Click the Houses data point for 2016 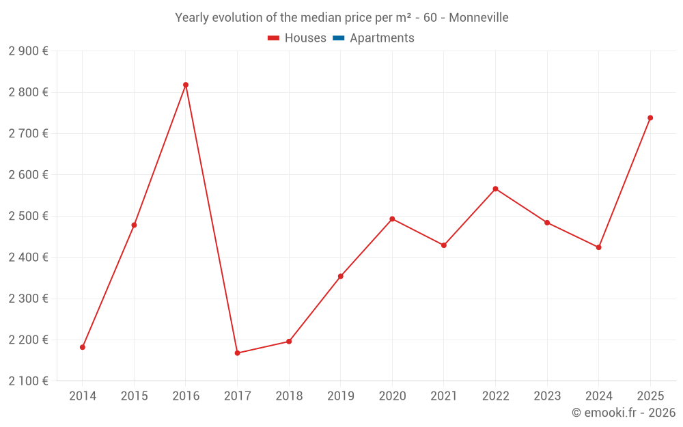point(186,85)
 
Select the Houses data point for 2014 point(83,347)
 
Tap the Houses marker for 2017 point(237,353)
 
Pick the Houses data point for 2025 point(650,118)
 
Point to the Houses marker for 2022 point(495,189)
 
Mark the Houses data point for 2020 point(392,219)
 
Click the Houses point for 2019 point(340,276)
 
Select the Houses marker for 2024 point(598,247)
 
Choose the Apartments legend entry point(381,38)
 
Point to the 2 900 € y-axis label point(28,51)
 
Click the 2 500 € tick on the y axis point(28,216)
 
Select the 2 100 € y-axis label point(28,381)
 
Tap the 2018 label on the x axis point(289,396)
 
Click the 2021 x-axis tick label point(444,396)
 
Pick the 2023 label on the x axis point(547,396)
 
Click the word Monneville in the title point(478,18)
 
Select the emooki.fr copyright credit point(623,413)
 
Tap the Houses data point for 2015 point(134,225)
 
